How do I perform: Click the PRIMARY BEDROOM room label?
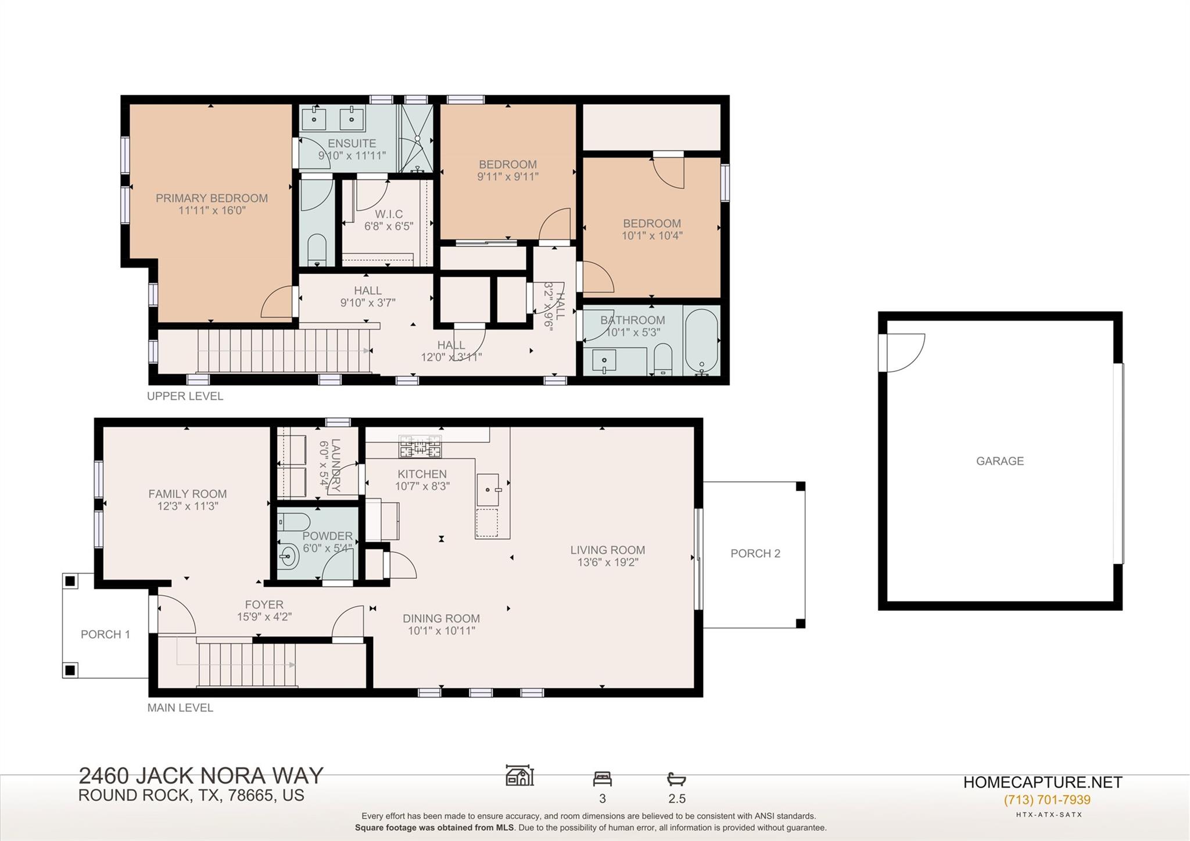212,198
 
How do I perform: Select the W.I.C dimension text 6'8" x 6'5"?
389,226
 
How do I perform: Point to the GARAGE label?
999,461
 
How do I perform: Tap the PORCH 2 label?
755,553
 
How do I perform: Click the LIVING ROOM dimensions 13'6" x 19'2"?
607,562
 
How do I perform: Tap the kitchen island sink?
488,489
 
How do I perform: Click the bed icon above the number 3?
602,778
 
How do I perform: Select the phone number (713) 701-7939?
1047,800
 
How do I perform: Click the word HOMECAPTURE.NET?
1042,782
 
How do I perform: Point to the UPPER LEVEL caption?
185,396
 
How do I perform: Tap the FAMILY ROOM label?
187,493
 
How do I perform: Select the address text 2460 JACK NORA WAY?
200,776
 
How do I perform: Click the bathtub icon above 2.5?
676,779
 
